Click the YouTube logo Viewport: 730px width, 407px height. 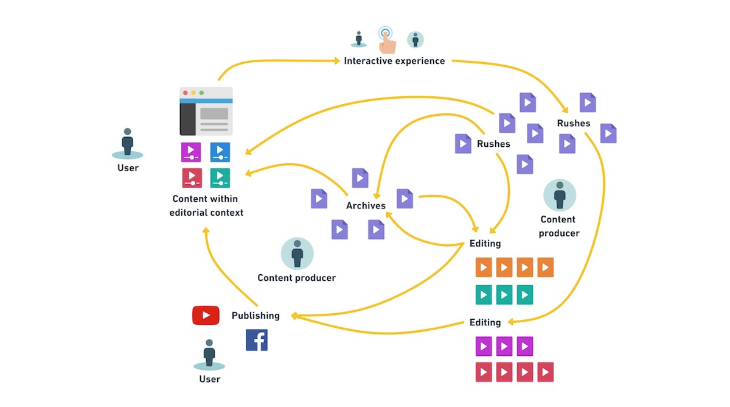pyautogui.click(x=206, y=315)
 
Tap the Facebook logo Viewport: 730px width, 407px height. pyautogui.click(x=257, y=340)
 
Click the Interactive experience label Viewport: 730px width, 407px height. pyautogui.click(x=394, y=61)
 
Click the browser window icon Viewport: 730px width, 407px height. pyautogui.click(x=206, y=111)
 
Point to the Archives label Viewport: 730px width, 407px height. pyautogui.click(x=366, y=205)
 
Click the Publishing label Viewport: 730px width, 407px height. pyautogui.click(x=255, y=316)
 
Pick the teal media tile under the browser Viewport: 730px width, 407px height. pyautogui.click(x=220, y=177)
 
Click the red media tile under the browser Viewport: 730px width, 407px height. pyautogui.click(x=191, y=177)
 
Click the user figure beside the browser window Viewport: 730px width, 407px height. pyautogui.click(x=127, y=143)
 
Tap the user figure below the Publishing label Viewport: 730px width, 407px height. pyautogui.click(x=209, y=354)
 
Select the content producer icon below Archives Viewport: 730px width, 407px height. pyautogui.click(x=297, y=253)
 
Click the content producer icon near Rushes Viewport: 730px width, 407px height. pyautogui.click(x=559, y=196)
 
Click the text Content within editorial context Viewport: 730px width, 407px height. pyautogui.click(x=206, y=205)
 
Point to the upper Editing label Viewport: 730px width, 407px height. pyautogui.click(x=485, y=244)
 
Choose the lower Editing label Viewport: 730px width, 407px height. pyautogui.click(x=485, y=322)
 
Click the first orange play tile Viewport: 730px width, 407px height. pyautogui.click(x=484, y=267)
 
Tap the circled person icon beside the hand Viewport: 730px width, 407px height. pyautogui.click(x=415, y=40)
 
